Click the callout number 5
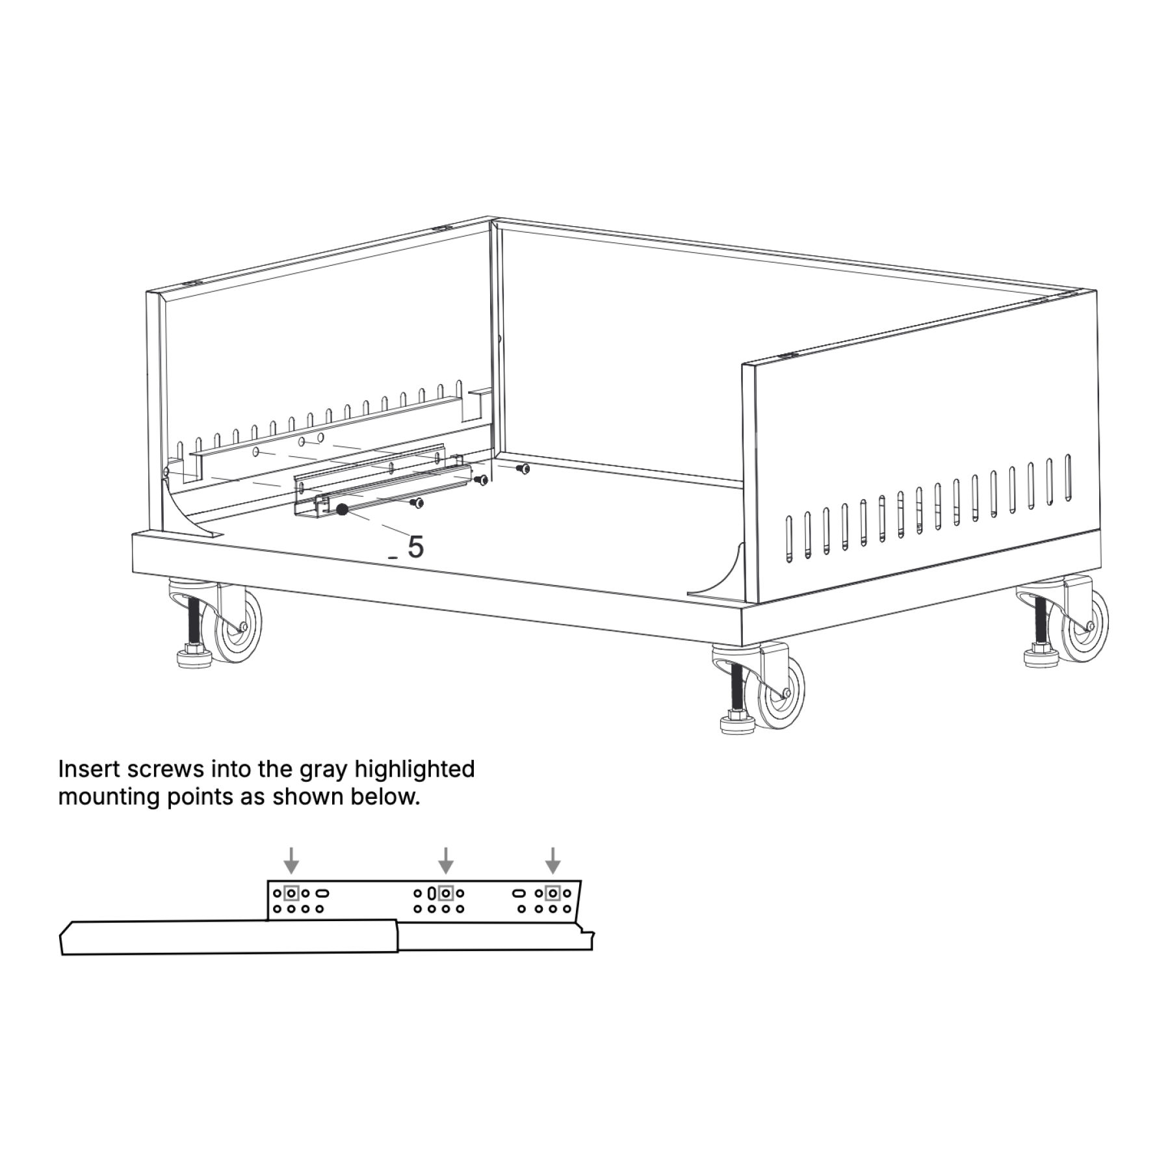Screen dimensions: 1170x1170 [415, 547]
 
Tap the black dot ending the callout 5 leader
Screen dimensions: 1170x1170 [342, 510]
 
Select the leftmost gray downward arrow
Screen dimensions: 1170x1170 [292, 860]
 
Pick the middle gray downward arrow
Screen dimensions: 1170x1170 [445, 860]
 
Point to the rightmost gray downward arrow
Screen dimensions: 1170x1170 [552, 860]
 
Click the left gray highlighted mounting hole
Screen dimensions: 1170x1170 [291, 893]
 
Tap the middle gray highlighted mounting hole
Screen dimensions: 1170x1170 [445, 893]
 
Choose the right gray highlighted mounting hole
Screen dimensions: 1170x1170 [552, 893]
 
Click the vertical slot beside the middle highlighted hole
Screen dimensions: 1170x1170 [432, 893]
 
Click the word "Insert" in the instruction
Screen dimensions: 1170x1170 [90, 769]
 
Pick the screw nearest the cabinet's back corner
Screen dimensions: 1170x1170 [521, 468]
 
